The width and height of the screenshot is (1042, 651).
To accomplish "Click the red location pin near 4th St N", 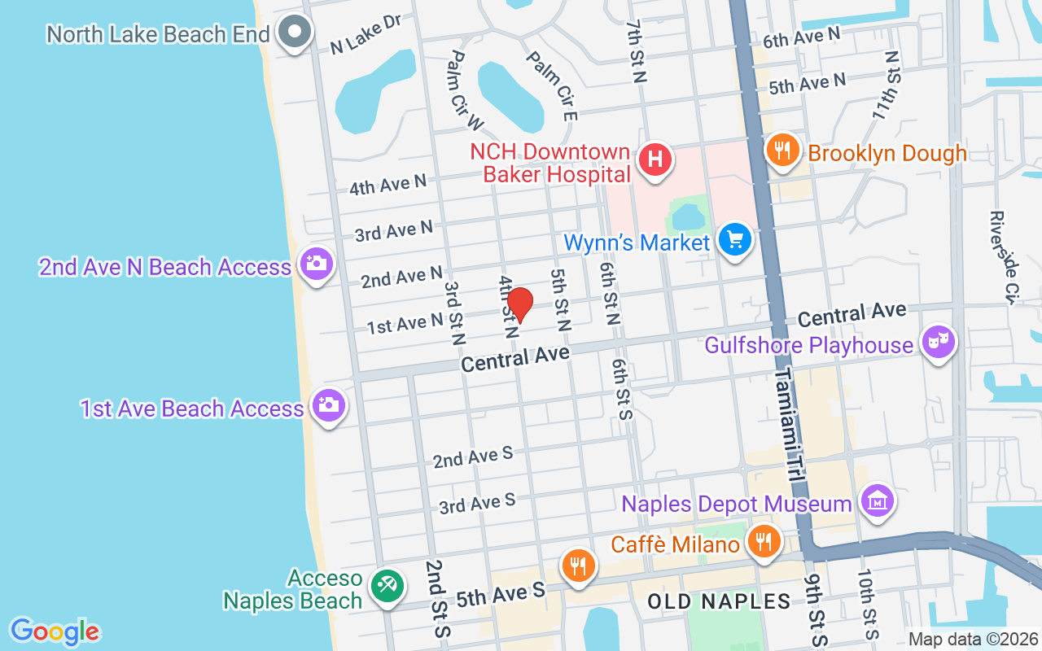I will point(520,305).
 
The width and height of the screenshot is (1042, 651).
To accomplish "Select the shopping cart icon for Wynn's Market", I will point(736,241).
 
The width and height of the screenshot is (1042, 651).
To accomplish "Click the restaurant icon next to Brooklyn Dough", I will point(781,151).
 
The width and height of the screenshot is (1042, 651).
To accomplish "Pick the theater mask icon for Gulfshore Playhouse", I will point(937,343).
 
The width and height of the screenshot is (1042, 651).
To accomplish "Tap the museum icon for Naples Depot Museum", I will point(878,501).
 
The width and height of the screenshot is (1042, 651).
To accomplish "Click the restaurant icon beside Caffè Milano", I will point(763,542).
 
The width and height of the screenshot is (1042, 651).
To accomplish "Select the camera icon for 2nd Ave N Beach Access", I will point(316,264).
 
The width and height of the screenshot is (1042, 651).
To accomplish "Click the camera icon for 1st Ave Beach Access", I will point(330,406).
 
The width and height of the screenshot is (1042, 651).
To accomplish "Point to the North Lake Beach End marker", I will point(295,33).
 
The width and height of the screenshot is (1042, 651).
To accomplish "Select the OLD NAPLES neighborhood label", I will point(719,602).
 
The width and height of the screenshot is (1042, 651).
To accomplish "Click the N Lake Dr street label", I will point(366,35).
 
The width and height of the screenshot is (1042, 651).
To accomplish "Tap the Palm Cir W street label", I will point(466,90).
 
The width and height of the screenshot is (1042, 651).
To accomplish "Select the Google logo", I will point(55,631).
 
